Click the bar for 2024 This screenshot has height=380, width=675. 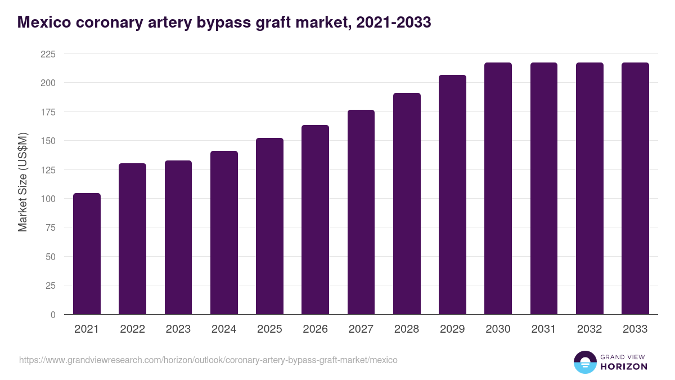coord(224,233)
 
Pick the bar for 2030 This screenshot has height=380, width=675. coord(498,189)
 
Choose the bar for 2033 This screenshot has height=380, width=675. coord(635,189)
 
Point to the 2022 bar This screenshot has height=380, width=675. coord(132,239)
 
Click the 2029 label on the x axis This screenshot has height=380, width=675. coord(452,329)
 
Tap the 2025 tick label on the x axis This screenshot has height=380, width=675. coord(269,329)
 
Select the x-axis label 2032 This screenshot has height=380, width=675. coord(589,329)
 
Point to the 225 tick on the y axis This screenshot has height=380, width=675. coord(48,54)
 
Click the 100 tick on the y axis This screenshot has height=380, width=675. coord(48,199)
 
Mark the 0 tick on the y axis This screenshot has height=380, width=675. coord(53,315)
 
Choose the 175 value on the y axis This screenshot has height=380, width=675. coord(48,112)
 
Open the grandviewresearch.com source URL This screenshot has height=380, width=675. coord(208,360)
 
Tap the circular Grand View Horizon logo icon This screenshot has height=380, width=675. coord(584,362)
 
